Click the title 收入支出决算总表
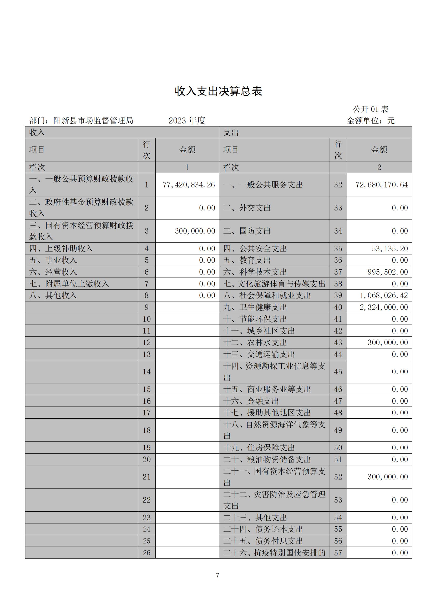pyautogui.click(x=218, y=91)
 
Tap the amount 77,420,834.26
pyautogui.click(x=189, y=185)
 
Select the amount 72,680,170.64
pyautogui.click(x=382, y=185)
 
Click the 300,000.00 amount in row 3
pyautogui.click(x=195, y=231)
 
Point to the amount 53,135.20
pyautogui.click(x=390, y=248)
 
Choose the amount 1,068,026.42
pyautogui.click(x=384, y=296)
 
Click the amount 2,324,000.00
pyautogui.click(x=384, y=307)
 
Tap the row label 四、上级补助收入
pyautogui.click(x=61, y=248)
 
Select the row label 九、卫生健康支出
pyautogui.click(x=255, y=307)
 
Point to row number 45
pyautogui.click(x=338, y=372)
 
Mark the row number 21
pyautogui.click(x=146, y=477)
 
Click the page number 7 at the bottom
pyautogui.click(x=217, y=575)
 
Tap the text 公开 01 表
pyautogui.click(x=371, y=109)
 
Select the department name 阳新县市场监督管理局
pyautogui.click(x=93, y=121)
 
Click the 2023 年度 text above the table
pyautogui.click(x=187, y=121)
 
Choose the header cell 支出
pyautogui.click(x=231, y=132)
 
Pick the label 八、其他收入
pyautogui.click(x=53, y=296)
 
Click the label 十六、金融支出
pyautogui.click(x=251, y=401)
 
